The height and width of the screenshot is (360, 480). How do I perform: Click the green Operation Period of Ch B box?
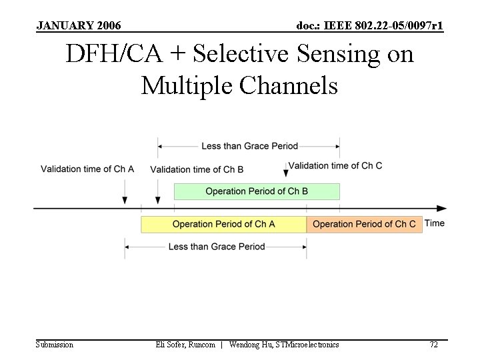pyautogui.click(x=257, y=191)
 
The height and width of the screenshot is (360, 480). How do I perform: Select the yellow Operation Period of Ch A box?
pyautogui.click(x=223, y=224)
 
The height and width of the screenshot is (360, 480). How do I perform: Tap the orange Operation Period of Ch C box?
pyautogui.click(x=363, y=224)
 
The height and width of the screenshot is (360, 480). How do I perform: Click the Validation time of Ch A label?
pyautogui.click(x=87, y=169)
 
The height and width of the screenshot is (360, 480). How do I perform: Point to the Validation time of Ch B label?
pyautogui.click(x=197, y=169)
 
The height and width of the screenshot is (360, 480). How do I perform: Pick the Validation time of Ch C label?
pyautogui.click(x=335, y=165)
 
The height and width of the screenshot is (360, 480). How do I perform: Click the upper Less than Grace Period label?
pyautogui.click(x=249, y=146)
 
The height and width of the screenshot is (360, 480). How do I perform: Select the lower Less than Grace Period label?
pyautogui.click(x=217, y=247)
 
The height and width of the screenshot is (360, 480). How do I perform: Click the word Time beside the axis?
pyautogui.click(x=435, y=223)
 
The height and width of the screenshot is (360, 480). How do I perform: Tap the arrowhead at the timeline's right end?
pyautogui.click(x=441, y=209)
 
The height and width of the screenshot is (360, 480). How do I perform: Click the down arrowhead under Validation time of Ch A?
pyautogui.click(x=125, y=200)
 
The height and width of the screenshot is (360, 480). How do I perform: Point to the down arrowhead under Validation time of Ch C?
pyautogui.click(x=286, y=173)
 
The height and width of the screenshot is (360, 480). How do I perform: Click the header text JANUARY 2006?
pyautogui.click(x=79, y=26)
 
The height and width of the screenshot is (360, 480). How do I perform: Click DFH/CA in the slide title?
pyautogui.click(x=113, y=55)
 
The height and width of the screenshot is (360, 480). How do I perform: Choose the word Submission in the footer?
pyautogui.click(x=55, y=345)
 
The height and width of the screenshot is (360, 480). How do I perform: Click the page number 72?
pyautogui.click(x=433, y=345)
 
